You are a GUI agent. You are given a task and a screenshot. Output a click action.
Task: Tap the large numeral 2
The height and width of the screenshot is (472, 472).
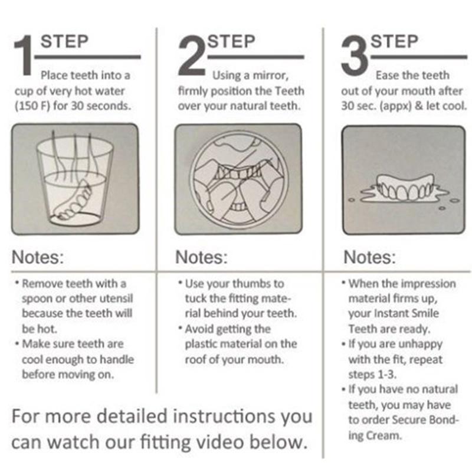191,55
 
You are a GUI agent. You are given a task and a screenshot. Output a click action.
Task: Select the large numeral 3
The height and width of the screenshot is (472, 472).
355,55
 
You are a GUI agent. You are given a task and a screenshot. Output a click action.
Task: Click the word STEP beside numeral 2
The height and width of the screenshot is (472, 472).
231,41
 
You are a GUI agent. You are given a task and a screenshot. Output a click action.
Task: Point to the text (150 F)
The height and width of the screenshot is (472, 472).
32,106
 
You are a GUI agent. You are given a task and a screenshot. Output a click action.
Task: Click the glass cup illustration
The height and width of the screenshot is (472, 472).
75,180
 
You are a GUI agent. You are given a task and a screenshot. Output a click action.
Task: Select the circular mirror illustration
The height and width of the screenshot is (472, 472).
238,180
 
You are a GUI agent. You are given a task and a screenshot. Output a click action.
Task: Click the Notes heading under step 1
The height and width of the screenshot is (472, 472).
38,257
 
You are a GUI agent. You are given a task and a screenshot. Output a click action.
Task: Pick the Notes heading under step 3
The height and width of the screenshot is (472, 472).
370,257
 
